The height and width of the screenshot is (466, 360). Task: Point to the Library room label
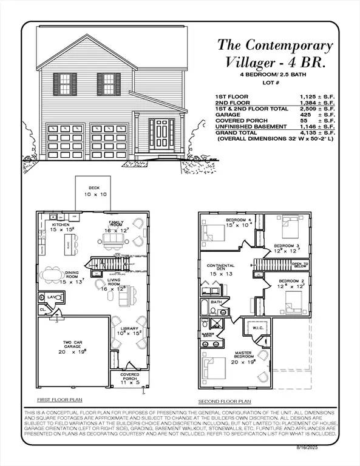[x=129, y=328]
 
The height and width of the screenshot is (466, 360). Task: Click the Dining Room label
[x=76, y=273]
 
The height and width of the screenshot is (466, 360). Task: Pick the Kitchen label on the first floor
[x=60, y=225]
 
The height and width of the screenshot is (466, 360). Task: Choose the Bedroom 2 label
[x=291, y=281]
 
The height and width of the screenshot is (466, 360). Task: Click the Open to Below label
[x=300, y=265]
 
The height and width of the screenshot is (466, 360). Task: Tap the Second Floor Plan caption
[x=225, y=402]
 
